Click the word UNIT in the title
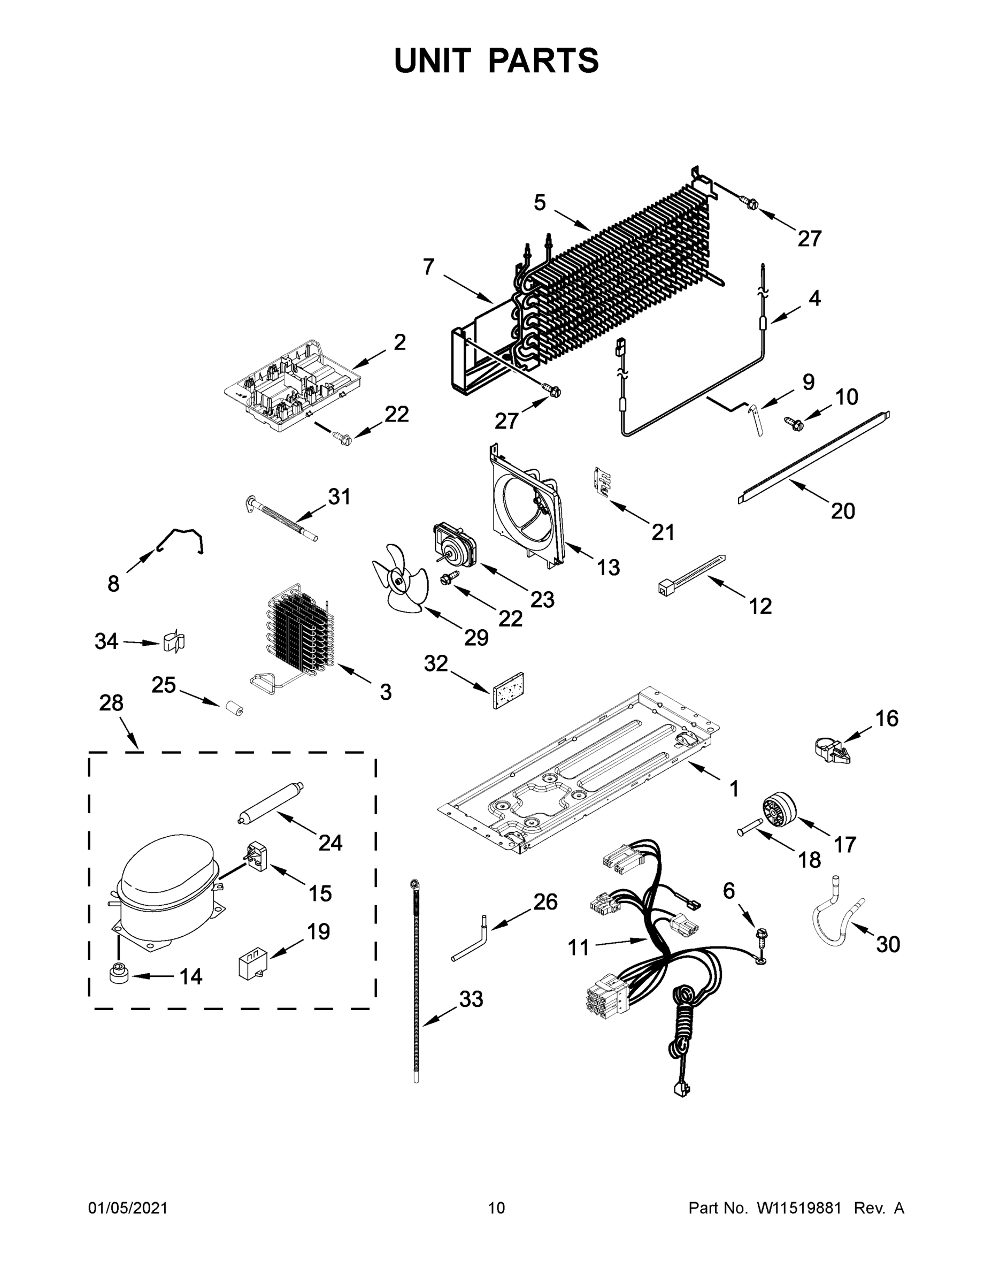(433, 60)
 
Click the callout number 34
(106, 641)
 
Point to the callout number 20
(842, 511)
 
